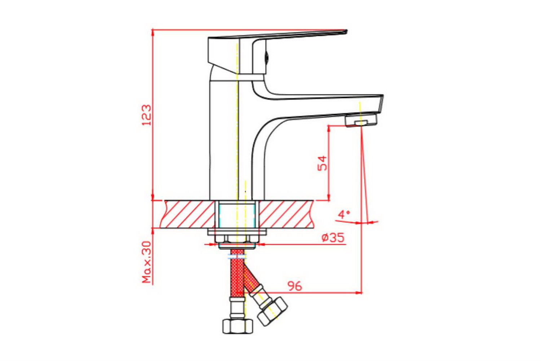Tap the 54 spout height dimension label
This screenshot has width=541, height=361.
(323, 163)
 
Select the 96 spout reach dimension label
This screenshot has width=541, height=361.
(295, 286)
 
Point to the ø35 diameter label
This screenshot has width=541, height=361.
(333, 238)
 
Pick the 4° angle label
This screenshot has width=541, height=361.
(344, 214)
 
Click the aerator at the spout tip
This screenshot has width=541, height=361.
(361, 120)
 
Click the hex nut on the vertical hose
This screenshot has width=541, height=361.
(237, 326)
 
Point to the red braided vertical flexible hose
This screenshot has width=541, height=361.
(237, 274)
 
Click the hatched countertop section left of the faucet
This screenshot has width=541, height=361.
(188, 214)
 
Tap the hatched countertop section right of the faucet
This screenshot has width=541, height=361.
(287, 214)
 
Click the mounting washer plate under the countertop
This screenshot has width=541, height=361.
(237, 232)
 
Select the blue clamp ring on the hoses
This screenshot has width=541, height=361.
(237, 257)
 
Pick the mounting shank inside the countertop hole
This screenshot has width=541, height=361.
(237, 214)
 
